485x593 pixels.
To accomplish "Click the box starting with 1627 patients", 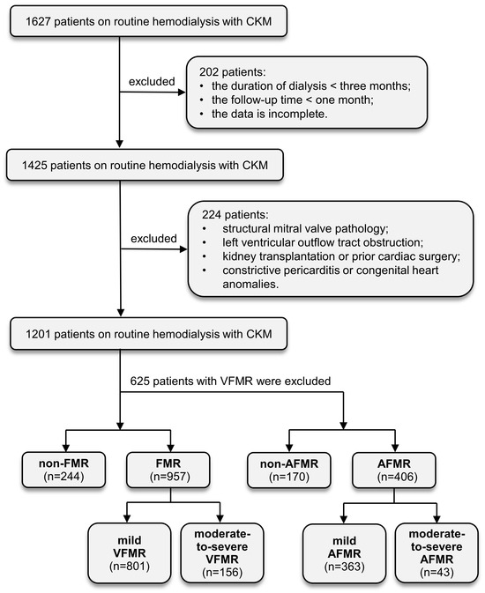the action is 148,21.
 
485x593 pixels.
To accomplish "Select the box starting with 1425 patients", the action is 145,166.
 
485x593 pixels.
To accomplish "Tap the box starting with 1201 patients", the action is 148,334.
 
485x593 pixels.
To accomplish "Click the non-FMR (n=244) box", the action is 63,470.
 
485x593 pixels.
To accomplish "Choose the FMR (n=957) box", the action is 168,470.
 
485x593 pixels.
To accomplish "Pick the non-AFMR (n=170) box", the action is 289,471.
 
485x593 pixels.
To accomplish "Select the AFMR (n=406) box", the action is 394,471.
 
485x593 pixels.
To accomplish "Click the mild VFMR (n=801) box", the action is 130,553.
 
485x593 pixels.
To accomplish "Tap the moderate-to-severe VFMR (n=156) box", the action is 222,553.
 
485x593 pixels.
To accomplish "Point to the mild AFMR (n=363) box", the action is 344,553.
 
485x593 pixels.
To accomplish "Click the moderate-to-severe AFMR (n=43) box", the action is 436,553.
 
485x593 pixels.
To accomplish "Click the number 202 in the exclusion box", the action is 207,72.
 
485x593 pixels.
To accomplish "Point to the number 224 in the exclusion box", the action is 210,215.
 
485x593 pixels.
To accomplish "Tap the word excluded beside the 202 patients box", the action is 152,81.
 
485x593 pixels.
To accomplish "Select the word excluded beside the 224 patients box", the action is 153,238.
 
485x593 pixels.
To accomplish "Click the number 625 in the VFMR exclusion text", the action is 138,381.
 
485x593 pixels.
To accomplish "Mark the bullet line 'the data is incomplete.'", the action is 264,114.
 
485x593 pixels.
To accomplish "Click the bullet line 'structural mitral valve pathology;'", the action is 295,229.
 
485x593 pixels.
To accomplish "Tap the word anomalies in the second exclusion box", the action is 250,284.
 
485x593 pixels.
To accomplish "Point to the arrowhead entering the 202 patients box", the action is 183,92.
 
